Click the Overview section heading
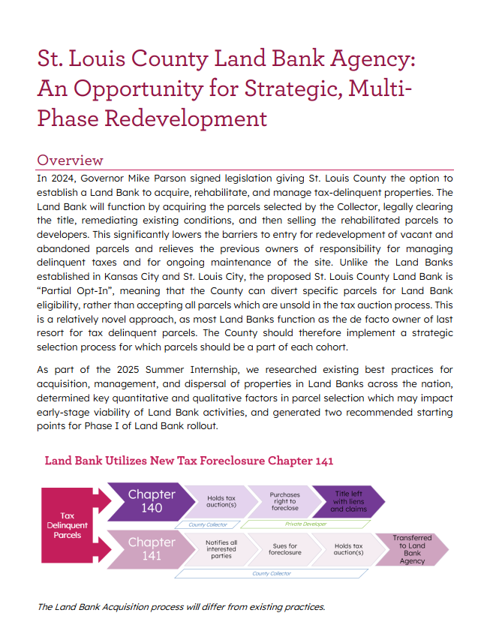(x=70, y=160)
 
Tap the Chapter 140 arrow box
(x=151, y=501)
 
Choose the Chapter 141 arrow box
(x=151, y=548)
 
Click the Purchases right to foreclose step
(x=284, y=501)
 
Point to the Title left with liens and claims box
(x=347, y=501)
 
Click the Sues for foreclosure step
(x=284, y=548)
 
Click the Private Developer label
(x=305, y=524)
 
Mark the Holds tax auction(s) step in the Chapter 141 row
(x=348, y=548)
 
